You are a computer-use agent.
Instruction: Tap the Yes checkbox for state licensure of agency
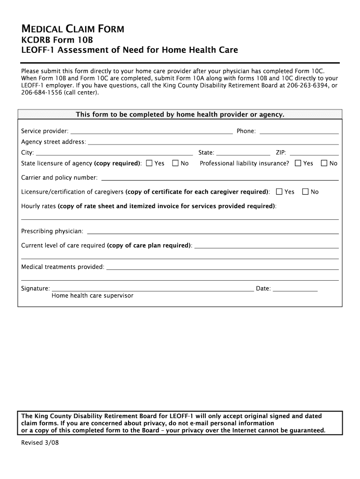pos(149,163)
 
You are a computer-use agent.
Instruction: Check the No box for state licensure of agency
pos(175,163)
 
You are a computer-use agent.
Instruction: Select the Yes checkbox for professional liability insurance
pos(298,163)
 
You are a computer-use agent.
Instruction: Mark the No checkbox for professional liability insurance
pos(324,163)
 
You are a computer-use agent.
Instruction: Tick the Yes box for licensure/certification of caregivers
pos(279,192)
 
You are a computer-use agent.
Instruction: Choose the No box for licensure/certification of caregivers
pos(305,192)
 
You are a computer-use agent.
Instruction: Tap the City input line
pos(115,153)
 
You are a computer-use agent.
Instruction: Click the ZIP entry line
pos(314,153)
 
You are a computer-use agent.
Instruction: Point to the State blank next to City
pos(243,153)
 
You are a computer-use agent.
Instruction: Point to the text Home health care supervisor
pos(92,296)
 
